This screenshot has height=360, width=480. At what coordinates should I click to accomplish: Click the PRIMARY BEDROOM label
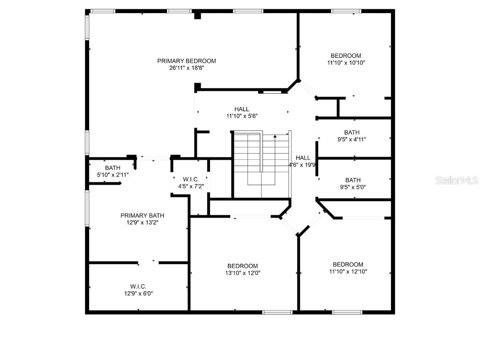(x=187, y=61)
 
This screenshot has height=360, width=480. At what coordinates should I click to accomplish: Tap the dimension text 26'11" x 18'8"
(x=187, y=68)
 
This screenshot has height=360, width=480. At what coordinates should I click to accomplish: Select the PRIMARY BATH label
(x=142, y=216)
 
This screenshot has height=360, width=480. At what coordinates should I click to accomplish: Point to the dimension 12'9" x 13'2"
(x=142, y=223)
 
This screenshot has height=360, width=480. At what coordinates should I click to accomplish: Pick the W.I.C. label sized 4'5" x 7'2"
(x=191, y=180)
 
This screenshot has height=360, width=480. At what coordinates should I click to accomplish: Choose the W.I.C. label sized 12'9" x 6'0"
(x=138, y=286)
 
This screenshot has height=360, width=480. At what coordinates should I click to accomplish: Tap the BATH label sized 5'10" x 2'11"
(x=112, y=168)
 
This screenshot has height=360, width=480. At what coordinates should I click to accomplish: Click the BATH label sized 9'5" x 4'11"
(x=352, y=132)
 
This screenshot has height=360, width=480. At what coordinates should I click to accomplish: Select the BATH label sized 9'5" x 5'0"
(x=353, y=180)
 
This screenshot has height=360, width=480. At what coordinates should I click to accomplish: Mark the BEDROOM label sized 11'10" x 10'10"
(x=346, y=55)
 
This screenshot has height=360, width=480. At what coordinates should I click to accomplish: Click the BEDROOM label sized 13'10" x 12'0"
(x=243, y=266)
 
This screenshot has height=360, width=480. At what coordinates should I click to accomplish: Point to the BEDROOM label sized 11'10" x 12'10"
(x=348, y=264)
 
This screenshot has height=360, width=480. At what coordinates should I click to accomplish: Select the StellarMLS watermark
(x=456, y=180)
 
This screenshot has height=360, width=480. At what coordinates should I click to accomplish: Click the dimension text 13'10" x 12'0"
(x=243, y=273)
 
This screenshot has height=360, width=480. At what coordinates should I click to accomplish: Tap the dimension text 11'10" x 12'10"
(x=348, y=271)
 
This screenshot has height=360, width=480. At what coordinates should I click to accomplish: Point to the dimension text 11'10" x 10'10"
(x=346, y=62)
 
